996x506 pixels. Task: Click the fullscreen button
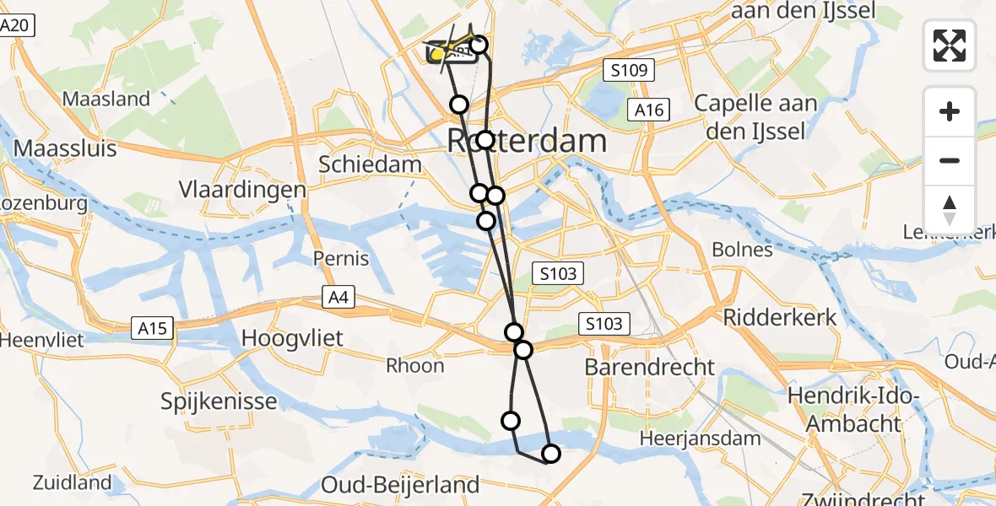[950, 46]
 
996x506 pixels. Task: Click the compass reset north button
[950, 210]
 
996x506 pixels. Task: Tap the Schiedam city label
[370, 164]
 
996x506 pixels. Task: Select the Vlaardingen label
[242, 190]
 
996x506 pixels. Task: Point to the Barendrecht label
[649, 367]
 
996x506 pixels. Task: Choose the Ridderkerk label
[780, 317]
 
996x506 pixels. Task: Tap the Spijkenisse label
[219, 401]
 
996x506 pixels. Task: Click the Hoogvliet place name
[292, 338]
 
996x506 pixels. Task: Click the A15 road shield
[152, 327]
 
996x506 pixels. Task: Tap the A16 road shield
[650, 110]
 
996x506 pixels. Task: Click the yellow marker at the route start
[438, 55]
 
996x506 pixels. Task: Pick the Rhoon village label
[414, 365]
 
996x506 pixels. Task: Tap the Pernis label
[341, 257]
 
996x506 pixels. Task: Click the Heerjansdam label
[700, 439]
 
